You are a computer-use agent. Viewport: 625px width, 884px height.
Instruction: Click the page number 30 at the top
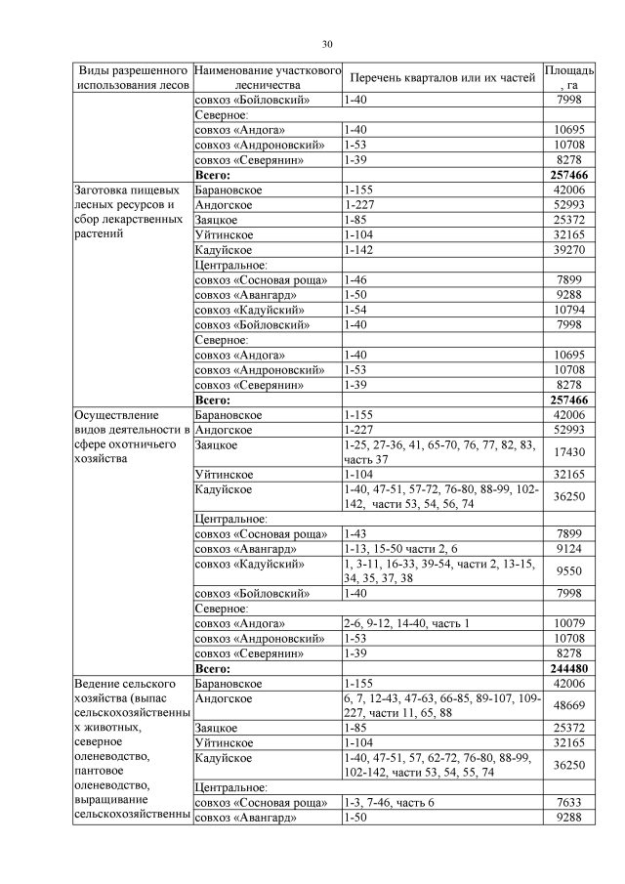click(328, 43)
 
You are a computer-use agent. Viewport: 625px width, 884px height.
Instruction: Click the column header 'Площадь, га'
click(568, 78)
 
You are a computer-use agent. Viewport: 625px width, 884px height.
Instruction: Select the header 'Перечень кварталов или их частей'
click(443, 78)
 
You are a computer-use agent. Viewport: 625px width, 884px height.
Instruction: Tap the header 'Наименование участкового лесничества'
click(266, 78)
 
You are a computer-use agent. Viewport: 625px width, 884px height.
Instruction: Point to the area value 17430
click(568, 451)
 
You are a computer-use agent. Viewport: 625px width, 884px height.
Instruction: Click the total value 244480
click(568, 669)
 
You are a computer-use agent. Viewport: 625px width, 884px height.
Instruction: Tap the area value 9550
click(568, 570)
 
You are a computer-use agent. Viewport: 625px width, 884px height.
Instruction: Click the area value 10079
click(568, 623)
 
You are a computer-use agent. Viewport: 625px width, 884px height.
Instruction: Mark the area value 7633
click(568, 803)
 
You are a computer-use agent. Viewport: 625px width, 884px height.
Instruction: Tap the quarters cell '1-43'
click(356, 533)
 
